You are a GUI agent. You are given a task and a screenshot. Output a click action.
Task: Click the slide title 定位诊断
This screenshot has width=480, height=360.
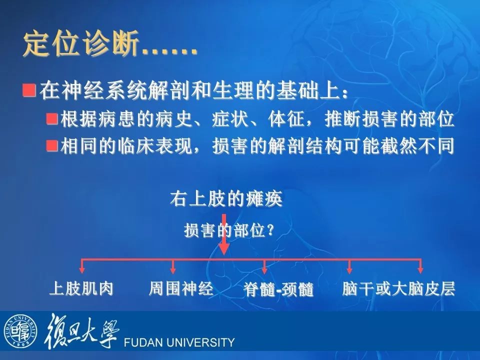pos(81,44)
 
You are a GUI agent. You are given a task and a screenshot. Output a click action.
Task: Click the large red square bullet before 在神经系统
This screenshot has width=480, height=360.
pos(29,89)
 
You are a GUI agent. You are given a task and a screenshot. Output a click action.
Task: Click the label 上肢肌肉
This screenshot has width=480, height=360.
pos(81,288)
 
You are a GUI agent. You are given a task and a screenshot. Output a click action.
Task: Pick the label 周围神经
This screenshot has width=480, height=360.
pos(181,288)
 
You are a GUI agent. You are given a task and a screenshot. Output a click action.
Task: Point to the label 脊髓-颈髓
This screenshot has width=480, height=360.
pos(278,289)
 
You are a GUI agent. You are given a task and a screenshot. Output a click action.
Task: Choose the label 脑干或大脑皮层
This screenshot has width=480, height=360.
pos(398,288)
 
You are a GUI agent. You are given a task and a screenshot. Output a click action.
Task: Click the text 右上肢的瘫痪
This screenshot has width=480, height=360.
pos(226,198)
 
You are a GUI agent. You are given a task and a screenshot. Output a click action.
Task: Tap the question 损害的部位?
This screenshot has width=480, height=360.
pos(228,230)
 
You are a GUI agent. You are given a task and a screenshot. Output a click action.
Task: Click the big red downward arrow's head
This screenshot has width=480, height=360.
pos(224,249)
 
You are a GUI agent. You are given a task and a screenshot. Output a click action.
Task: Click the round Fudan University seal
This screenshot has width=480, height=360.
pos(20,331)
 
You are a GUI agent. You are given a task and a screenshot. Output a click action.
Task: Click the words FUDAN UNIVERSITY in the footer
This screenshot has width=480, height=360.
pos(179,342)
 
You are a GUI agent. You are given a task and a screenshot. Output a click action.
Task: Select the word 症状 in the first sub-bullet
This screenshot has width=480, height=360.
pos(229,119)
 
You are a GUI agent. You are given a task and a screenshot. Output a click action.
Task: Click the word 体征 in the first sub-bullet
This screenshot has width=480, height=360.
pos(286,119)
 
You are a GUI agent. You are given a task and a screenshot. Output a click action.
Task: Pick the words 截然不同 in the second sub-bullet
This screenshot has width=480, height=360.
pos(417,145)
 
